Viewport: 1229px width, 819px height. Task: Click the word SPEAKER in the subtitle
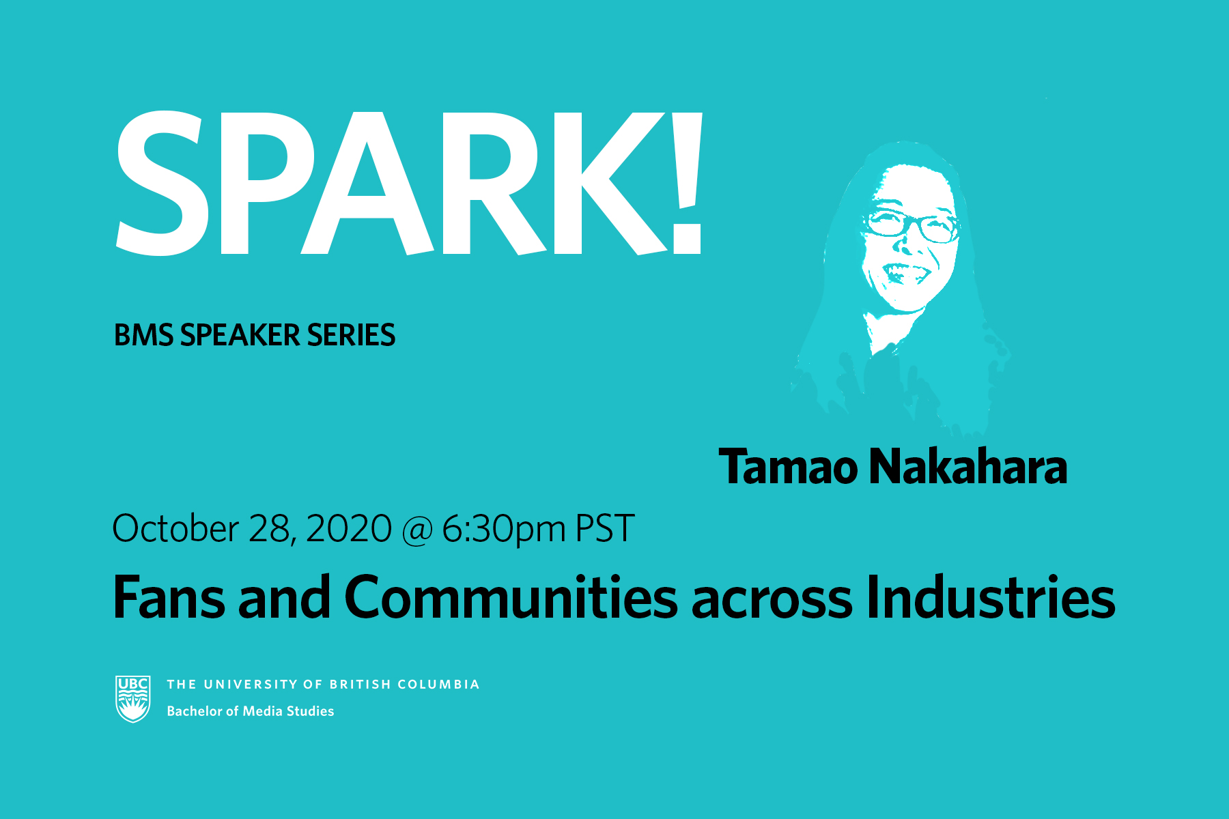pos(240,335)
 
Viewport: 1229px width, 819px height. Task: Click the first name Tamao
pos(789,467)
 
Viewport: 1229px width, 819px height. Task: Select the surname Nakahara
pos(968,467)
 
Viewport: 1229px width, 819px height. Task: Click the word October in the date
pos(175,528)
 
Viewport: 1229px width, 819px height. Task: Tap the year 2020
pos(349,528)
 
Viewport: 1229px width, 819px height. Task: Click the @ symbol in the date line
pos(417,531)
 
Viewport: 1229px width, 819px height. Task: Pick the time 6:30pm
pos(504,530)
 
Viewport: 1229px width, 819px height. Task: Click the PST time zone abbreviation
pos(605,528)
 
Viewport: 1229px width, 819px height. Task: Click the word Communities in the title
pos(511,597)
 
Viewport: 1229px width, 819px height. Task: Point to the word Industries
pos(991,597)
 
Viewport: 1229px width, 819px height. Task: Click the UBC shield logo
pos(132,699)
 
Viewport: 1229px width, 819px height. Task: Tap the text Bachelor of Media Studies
pos(251,711)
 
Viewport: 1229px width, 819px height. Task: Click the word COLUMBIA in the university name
pos(438,685)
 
